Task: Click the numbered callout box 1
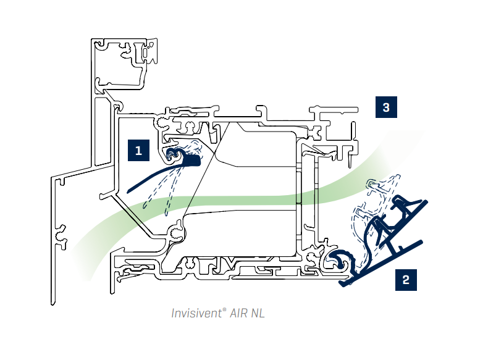(x=138, y=150)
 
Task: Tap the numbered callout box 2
(x=405, y=279)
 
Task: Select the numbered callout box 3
(x=386, y=107)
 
